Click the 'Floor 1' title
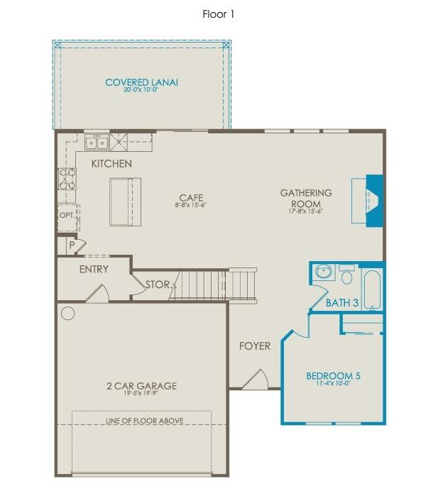pyautogui.click(x=219, y=13)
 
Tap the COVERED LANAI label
pyautogui.click(x=141, y=82)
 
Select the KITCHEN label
pyautogui.click(x=111, y=164)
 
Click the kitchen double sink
pyautogui.click(x=97, y=143)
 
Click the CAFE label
pyautogui.click(x=187, y=197)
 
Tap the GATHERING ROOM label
pyautogui.click(x=306, y=197)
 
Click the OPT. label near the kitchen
pyautogui.click(x=66, y=215)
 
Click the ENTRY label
pyautogui.click(x=94, y=269)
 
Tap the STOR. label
pyautogui.click(x=158, y=285)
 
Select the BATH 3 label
pyautogui.click(x=342, y=302)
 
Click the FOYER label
pyautogui.click(x=254, y=346)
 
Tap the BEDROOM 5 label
pyautogui.click(x=333, y=375)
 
